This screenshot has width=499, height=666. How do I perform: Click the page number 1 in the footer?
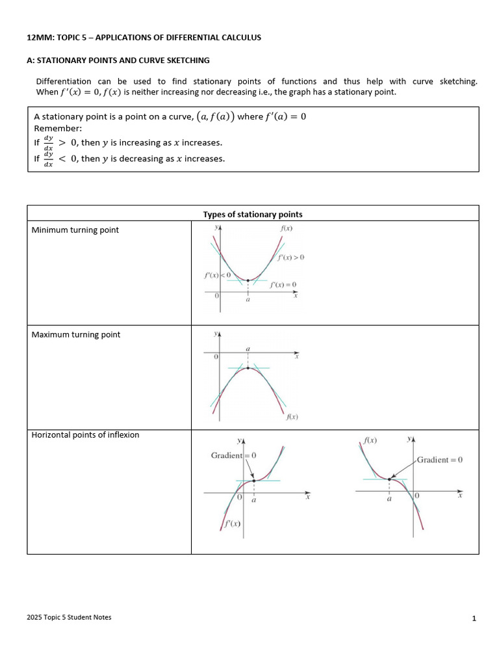(474, 619)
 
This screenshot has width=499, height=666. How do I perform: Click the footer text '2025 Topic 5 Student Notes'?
(69, 617)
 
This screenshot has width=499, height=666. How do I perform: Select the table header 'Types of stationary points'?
(253, 214)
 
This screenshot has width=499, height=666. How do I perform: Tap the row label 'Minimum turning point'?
(75, 230)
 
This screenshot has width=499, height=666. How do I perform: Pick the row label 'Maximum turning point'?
(76, 334)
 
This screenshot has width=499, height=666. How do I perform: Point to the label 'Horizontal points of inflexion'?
(85, 434)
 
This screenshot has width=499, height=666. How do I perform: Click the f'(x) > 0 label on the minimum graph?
(290, 258)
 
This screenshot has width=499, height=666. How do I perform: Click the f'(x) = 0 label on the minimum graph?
(283, 285)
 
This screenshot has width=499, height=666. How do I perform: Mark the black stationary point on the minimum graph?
(248, 280)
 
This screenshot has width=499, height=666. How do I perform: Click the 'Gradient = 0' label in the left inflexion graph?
(233, 455)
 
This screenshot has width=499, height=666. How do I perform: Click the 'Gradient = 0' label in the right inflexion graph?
(440, 460)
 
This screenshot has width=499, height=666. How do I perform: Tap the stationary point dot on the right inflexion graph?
(389, 479)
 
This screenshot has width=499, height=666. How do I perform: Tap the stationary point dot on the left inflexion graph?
(253, 481)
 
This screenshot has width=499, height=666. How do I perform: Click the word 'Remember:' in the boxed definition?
(58, 129)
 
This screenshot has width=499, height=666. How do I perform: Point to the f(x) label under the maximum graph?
(292, 417)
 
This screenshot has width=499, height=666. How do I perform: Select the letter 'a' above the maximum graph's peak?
(248, 349)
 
